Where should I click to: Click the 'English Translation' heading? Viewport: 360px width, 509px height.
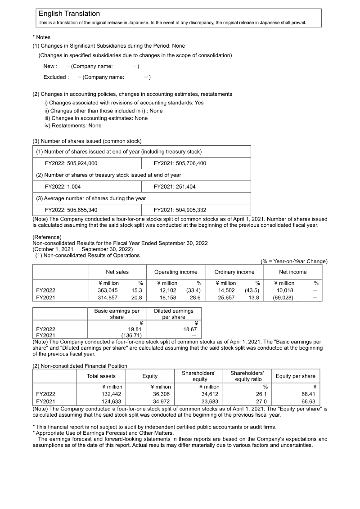[69, 14]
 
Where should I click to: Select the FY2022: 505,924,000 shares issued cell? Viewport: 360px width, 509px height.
[71, 163]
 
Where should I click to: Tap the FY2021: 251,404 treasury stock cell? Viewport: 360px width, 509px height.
[175, 187]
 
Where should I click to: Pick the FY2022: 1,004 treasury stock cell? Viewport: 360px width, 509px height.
[63, 187]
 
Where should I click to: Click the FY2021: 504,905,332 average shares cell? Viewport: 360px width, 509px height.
[180, 210]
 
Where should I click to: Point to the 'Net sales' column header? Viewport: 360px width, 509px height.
[117, 272]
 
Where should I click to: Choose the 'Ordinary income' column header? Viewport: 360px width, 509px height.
[234, 272]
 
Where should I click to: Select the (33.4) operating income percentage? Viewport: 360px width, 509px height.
[193, 290]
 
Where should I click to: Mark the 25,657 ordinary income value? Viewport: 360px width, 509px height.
[226, 297]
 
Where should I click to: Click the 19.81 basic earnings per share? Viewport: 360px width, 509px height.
[135, 329]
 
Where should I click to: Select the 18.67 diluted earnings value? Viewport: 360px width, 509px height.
[191, 329]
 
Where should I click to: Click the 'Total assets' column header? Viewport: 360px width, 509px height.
[101, 376]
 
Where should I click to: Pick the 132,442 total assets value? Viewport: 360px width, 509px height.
[112, 394]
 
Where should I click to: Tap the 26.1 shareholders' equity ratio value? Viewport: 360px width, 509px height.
[262, 394]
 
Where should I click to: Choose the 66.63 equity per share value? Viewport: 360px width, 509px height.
[308, 401]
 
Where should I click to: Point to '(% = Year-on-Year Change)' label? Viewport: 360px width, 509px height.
[294, 261]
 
